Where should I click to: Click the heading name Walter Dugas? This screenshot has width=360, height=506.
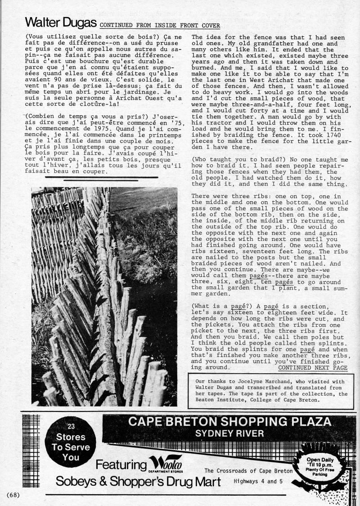61,23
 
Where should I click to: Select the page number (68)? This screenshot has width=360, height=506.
13,495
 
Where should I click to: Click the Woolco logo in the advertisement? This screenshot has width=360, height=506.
167,464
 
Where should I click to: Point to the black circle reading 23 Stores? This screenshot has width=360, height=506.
71,442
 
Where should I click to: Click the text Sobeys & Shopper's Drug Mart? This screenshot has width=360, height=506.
138,482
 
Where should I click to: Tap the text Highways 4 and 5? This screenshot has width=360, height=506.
258,481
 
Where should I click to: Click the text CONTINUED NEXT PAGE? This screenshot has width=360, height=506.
313,367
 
